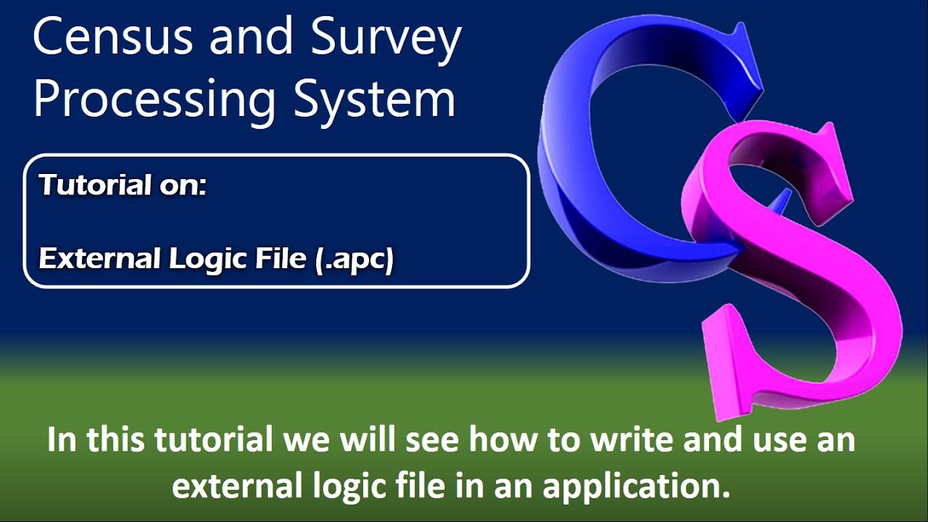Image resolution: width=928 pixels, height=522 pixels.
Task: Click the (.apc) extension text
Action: [355, 260]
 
